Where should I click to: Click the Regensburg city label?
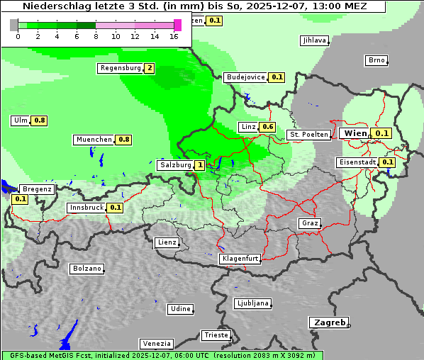tap(120, 68)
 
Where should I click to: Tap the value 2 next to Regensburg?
tap(149, 68)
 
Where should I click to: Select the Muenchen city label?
tap(94, 140)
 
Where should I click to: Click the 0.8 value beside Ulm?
tap(40, 120)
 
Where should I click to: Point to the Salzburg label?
tap(174, 165)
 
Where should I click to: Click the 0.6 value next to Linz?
tap(267, 127)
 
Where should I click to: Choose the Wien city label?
tap(355, 133)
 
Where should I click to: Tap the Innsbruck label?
tap(86, 208)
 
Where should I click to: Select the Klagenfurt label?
tap(240, 259)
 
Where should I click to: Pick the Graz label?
tap(309, 223)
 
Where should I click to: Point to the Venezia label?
tap(155, 343)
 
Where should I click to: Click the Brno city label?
tap(376, 60)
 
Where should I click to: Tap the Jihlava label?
tap(314, 40)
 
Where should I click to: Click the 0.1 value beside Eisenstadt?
tap(388, 162)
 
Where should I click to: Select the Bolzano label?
tap(87, 269)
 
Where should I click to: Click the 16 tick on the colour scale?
tap(174, 35)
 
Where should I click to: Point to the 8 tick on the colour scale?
tap(96, 35)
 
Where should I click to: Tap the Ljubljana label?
tap(252, 303)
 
